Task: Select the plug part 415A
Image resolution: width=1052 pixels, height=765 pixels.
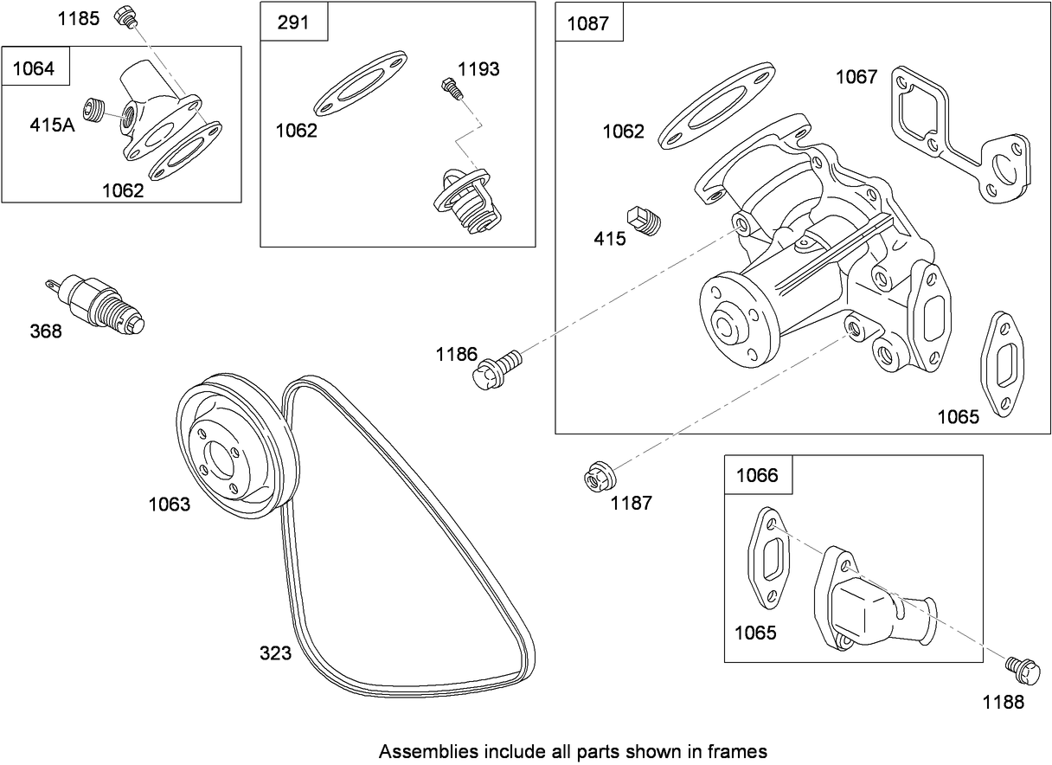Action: coord(93,111)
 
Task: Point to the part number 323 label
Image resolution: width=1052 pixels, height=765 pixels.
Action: coord(275,653)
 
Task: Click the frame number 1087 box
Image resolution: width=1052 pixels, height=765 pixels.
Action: coord(588,23)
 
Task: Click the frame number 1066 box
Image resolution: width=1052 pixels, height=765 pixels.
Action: coord(757,475)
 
